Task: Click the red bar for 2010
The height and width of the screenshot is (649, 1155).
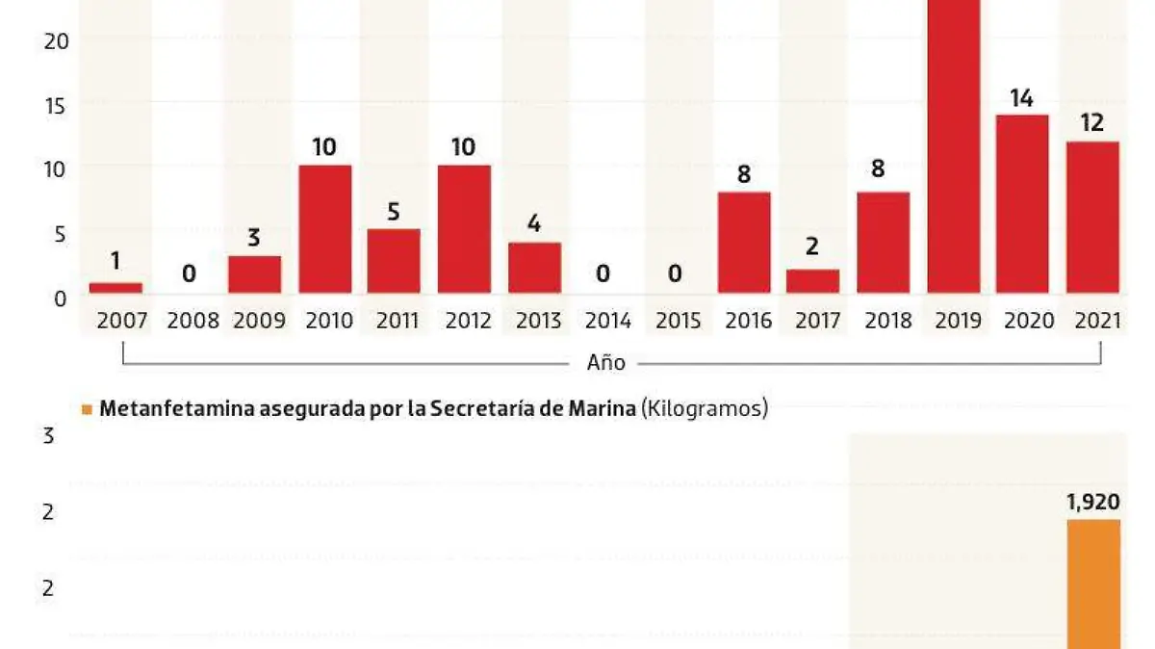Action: click(325, 229)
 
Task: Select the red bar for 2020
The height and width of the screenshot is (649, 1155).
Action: click(1022, 204)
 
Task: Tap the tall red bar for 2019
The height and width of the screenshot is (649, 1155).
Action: click(954, 144)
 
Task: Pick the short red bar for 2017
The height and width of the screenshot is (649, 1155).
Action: click(812, 281)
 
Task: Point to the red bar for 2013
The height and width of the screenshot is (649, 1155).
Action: click(535, 268)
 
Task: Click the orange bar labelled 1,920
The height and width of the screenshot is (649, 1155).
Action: click(1093, 584)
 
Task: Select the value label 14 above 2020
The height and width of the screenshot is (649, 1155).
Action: click(1022, 98)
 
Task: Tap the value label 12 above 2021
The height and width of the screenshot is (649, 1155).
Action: click(1092, 123)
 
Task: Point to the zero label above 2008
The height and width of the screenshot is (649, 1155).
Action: click(190, 274)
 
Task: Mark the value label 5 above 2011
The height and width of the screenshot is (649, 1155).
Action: click(394, 211)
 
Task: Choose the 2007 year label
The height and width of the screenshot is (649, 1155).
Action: click(122, 321)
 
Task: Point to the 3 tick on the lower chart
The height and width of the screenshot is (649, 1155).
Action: click(48, 436)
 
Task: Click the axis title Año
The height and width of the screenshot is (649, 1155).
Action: click(606, 363)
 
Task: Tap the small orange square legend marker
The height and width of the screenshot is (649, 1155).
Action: click(87, 409)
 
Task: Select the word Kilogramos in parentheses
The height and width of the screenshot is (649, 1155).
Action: click(705, 408)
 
